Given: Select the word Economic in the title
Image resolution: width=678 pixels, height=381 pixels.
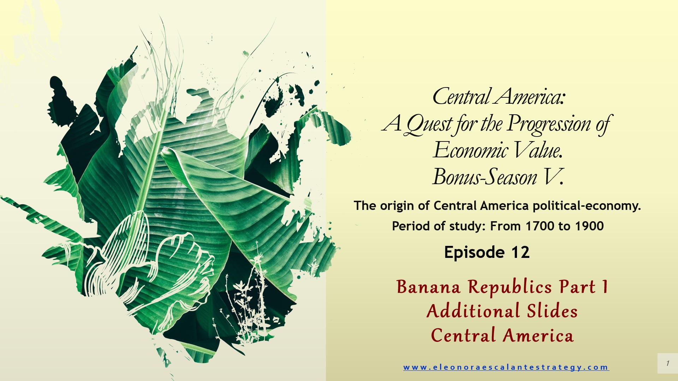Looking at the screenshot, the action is pyautogui.click(x=470, y=151).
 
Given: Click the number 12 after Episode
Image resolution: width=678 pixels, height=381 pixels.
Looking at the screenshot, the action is pyautogui.click(x=520, y=253).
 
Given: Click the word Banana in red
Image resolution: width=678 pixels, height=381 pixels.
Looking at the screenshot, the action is pyautogui.click(x=428, y=287).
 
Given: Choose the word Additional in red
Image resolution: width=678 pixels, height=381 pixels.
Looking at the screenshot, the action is pyautogui.click(x=473, y=311).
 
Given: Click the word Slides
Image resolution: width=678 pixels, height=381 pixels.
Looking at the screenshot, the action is pyautogui.click(x=552, y=311).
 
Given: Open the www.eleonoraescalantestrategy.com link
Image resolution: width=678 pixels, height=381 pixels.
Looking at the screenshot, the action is pyautogui.click(x=506, y=367).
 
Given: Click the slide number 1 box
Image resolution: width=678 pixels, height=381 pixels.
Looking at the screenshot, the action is pyautogui.click(x=667, y=363).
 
